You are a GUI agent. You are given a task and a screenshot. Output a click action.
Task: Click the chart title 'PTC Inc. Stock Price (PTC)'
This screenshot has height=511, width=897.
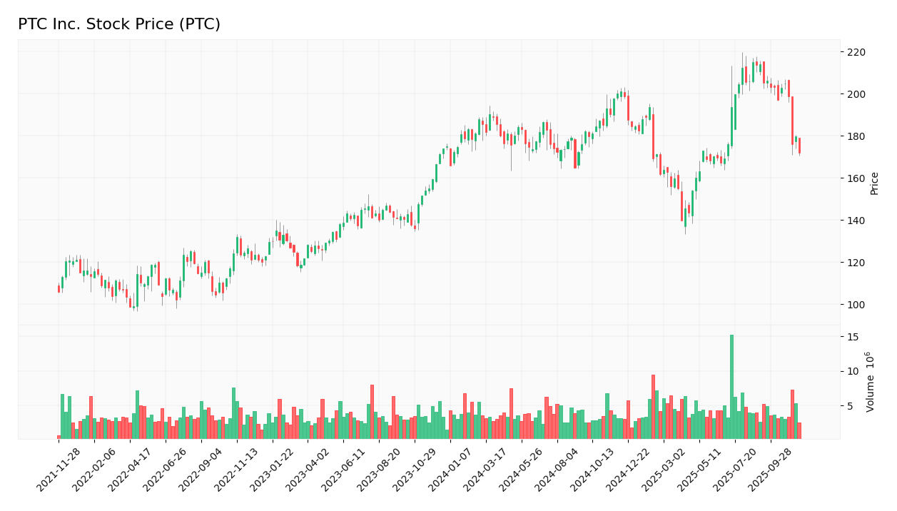[x=119, y=25]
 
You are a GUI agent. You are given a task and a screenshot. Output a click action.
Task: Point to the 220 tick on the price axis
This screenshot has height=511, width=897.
[x=856, y=52]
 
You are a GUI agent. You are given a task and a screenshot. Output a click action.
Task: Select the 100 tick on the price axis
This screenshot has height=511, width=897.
[x=856, y=305]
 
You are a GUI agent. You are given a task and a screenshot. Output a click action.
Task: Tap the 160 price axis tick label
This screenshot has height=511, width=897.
[x=856, y=178]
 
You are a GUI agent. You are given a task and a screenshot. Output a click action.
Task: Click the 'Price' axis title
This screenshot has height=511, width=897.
[x=875, y=183]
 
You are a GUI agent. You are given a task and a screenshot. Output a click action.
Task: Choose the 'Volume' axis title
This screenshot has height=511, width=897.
[x=871, y=381]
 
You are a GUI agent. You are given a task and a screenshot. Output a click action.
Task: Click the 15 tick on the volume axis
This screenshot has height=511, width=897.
[x=853, y=336]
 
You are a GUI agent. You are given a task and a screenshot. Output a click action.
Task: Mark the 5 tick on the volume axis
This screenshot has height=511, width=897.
[x=851, y=406]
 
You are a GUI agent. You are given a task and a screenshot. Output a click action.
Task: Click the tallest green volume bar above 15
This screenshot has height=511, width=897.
[x=731, y=385]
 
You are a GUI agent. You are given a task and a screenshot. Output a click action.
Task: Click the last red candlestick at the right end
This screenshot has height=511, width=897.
[x=799, y=146]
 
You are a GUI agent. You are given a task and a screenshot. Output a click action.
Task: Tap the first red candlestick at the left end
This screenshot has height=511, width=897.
[x=59, y=289]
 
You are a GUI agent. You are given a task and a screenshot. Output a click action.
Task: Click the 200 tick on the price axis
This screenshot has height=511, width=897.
[x=856, y=94]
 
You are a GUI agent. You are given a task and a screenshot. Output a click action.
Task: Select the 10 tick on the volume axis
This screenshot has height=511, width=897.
[x=853, y=371]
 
